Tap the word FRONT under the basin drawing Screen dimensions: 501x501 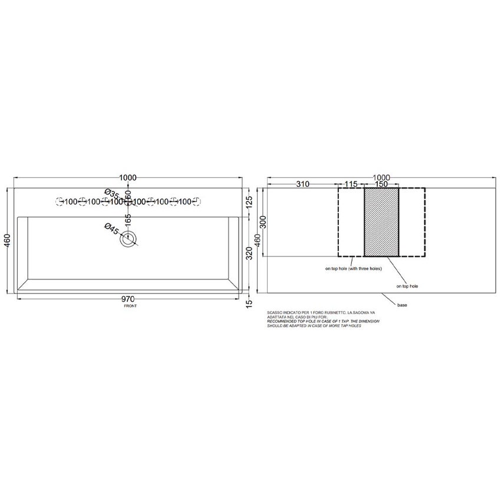128,306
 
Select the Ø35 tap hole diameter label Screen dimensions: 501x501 111,194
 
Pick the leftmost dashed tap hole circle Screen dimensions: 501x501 59,202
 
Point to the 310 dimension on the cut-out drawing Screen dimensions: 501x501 302,184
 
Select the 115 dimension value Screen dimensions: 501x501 351,184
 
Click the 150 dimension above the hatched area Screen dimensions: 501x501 381,184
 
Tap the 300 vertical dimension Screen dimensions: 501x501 263,222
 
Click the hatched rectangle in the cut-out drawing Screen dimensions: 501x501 381,222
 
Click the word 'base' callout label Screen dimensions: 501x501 403,305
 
